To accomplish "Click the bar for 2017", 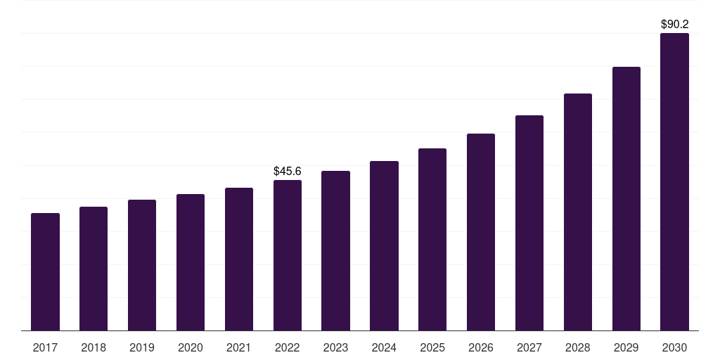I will (x=45, y=271).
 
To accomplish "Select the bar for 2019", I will (x=142, y=265).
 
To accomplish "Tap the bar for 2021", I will (x=239, y=259).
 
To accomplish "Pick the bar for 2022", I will (x=288, y=255).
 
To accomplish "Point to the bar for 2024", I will (x=384, y=245).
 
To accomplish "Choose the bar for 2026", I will (x=481, y=232).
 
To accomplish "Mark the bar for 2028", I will (x=578, y=212).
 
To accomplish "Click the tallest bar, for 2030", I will (x=674, y=181).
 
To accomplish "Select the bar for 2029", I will (x=626, y=198).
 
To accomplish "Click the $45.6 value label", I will (x=288, y=171).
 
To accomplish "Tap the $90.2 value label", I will (x=674, y=24).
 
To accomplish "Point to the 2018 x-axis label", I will (x=94, y=347).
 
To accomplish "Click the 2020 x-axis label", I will (x=191, y=347).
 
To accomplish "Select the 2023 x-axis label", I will (x=335, y=347).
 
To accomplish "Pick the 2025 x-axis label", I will (x=432, y=347).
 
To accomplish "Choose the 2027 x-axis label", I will (x=529, y=347).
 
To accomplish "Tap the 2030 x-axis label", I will (x=674, y=347).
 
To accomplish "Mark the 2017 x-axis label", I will (x=45, y=347).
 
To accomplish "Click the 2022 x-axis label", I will (x=288, y=347).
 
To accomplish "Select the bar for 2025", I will (x=432, y=239).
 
